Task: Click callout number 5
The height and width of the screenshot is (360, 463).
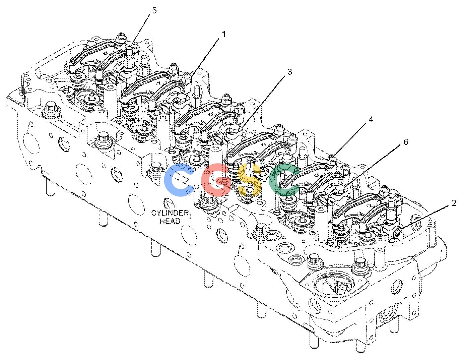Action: (154, 10)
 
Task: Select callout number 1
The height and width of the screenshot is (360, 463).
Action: (223, 34)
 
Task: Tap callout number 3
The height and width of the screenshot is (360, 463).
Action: (289, 72)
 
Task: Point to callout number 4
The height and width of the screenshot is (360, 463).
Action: (371, 120)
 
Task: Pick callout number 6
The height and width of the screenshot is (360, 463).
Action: (406, 142)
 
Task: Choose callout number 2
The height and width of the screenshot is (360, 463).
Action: (454, 203)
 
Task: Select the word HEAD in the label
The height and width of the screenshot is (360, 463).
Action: (170, 221)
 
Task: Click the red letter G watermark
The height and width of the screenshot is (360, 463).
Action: (216, 180)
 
